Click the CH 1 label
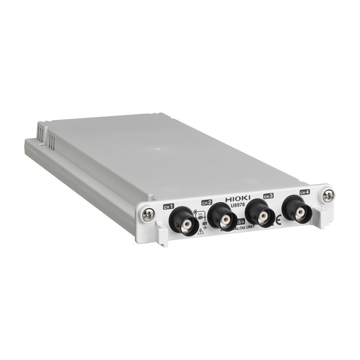pyautogui.click(x=168, y=207)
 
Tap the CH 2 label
pyautogui.click(x=207, y=202)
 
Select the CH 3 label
pyautogui.click(x=268, y=196)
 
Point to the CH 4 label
pyautogui.click(x=305, y=192)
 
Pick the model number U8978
pyautogui.click(x=237, y=205)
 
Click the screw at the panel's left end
pyautogui.click(x=148, y=215)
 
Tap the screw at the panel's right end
pyautogui.click(x=328, y=195)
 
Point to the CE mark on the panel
pyautogui.click(x=279, y=220)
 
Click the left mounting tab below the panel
pyautogui.click(x=162, y=235)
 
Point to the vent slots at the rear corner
pyautogui.click(x=45, y=135)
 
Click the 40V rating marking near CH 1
pyautogui.click(x=200, y=217)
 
